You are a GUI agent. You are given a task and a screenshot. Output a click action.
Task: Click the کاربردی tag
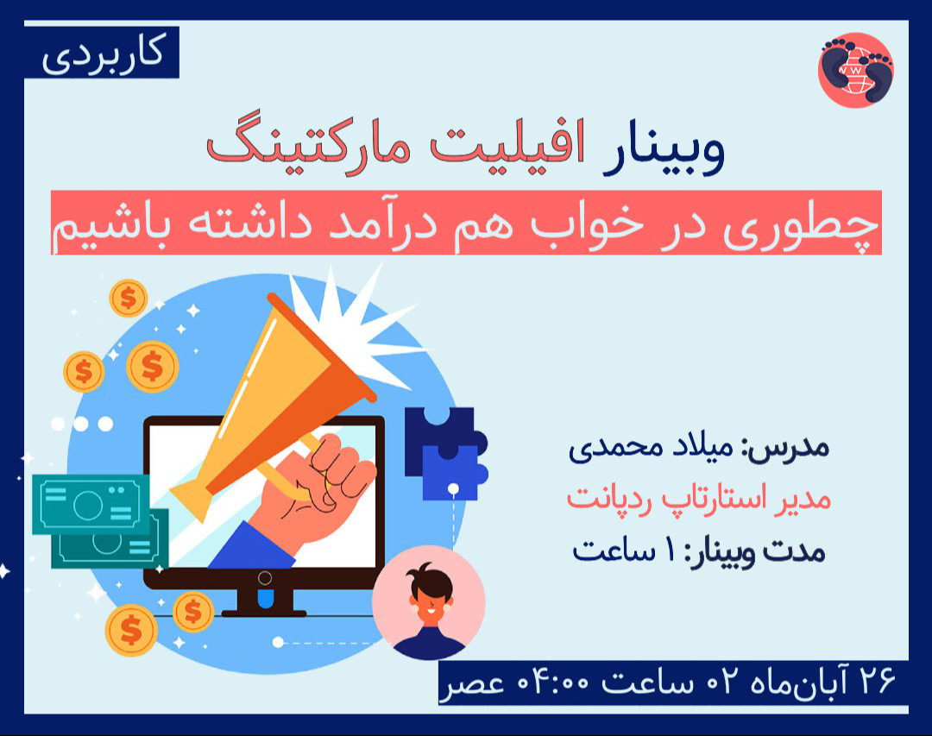pyautogui.click(x=101, y=53)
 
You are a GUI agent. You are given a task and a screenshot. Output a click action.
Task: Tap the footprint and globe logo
pyautogui.click(x=855, y=70)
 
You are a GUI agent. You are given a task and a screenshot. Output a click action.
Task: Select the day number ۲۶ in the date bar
pyautogui.click(x=876, y=682)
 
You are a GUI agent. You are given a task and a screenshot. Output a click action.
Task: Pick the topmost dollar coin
pyautogui.click(x=128, y=299)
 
